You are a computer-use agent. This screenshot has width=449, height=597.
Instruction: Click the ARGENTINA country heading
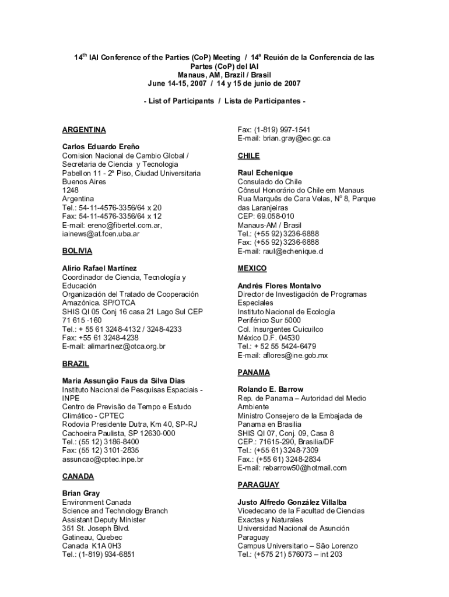[x=84, y=129]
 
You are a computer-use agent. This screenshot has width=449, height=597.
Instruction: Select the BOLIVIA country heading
[x=77, y=251]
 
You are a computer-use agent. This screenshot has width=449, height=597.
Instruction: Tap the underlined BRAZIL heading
[x=76, y=364]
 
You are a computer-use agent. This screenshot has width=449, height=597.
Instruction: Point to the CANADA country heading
[x=78, y=476]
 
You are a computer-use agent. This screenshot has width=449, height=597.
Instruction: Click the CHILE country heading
[x=248, y=156]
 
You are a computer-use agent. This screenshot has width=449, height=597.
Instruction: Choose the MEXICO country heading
[x=252, y=268]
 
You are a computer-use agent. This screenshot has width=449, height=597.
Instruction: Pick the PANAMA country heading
[x=254, y=372]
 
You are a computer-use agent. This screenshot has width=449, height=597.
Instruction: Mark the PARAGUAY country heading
[x=258, y=485]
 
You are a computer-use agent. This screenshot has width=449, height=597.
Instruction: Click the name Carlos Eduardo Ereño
[x=101, y=146]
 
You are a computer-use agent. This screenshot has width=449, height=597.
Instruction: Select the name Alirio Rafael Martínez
[x=100, y=268]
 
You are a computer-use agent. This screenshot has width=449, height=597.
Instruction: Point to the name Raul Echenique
[x=265, y=173]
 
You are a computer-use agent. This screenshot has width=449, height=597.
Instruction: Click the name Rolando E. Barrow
[x=271, y=389]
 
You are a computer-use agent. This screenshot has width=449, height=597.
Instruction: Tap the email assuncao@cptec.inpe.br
[x=103, y=459]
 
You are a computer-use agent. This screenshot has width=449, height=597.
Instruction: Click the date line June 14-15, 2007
[x=224, y=83]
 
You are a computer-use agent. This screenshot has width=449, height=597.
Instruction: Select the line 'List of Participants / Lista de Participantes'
[x=224, y=101]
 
